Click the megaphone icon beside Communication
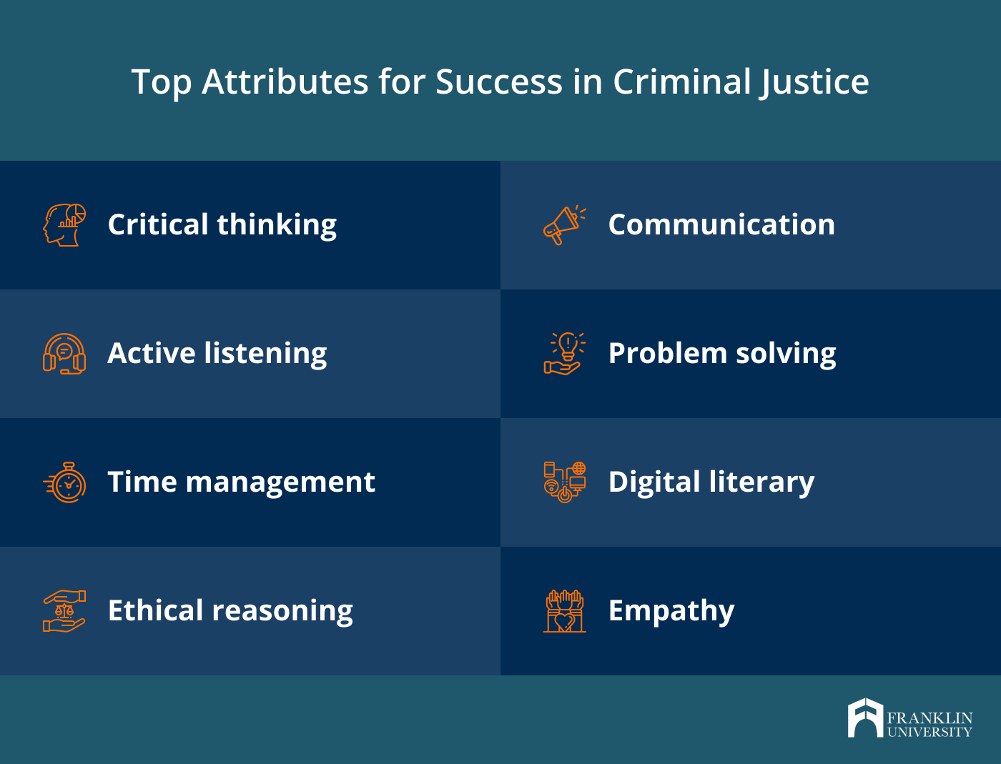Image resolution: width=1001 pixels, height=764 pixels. (x=564, y=224)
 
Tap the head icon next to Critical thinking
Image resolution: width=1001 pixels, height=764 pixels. (x=64, y=224)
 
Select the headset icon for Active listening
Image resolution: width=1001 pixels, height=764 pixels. (x=64, y=354)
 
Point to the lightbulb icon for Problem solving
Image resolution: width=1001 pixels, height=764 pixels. (x=564, y=354)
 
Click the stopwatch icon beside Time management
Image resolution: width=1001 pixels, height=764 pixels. (x=64, y=482)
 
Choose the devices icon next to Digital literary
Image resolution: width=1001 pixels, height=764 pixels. (x=565, y=482)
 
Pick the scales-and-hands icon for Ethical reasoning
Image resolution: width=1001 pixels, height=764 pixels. (x=64, y=611)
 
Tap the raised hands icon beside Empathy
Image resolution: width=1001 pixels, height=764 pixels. (x=565, y=611)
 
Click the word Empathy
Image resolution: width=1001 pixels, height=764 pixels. (x=671, y=611)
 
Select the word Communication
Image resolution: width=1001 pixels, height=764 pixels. (x=721, y=224)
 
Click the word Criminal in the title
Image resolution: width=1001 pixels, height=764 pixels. (x=681, y=82)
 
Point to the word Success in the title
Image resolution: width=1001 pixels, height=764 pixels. (x=499, y=82)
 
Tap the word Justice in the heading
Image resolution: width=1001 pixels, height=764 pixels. (x=813, y=83)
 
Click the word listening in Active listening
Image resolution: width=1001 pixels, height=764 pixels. (x=265, y=354)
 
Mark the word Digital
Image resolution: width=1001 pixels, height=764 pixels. (x=654, y=482)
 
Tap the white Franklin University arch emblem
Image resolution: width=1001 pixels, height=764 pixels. (x=866, y=718)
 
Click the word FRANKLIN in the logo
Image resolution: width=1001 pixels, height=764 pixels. (x=930, y=718)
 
